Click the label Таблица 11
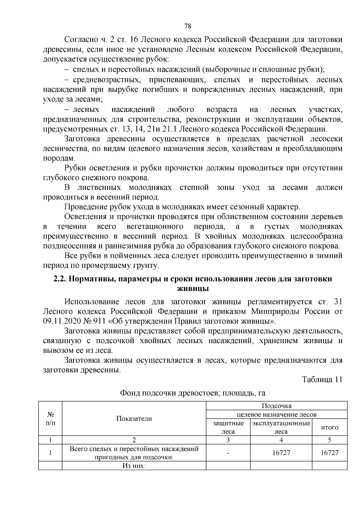[322, 379]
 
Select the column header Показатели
[134, 419]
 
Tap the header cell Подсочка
[277, 406]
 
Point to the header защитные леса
[228, 427]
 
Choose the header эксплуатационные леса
[281, 427]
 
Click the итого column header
[330, 427]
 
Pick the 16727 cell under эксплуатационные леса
[281, 453]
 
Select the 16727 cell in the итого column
[330, 453]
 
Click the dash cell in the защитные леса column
[228, 453]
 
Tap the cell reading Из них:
[134, 466]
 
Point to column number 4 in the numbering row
[281, 440]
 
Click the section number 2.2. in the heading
[60, 279]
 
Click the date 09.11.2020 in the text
[62, 321]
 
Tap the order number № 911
[96, 321]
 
